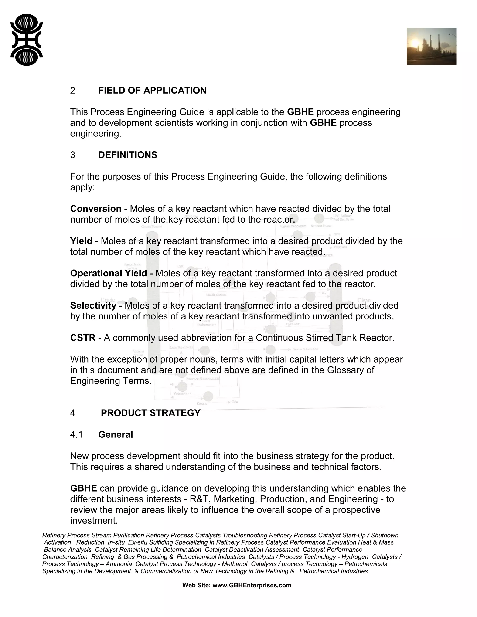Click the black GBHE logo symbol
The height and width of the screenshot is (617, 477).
(27, 40)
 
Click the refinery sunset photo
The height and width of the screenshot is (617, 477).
(431, 47)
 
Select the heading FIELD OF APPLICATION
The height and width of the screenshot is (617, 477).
(152, 90)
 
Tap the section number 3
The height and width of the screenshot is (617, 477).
(73, 155)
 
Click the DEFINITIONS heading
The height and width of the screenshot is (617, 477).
(128, 155)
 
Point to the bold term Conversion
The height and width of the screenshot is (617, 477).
(96, 209)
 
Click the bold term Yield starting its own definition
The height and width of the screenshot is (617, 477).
(81, 241)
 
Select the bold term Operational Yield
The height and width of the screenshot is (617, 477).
(109, 273)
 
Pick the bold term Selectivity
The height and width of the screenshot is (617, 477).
(93, 305)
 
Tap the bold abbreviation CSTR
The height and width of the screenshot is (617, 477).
(83, 338)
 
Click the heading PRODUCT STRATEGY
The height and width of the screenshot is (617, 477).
(151, 413)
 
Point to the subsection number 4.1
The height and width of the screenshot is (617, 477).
(76, 434)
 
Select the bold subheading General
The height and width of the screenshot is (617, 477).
(116, 434)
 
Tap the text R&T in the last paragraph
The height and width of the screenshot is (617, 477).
(199, 499)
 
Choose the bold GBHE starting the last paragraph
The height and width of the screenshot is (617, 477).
(83, 488)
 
